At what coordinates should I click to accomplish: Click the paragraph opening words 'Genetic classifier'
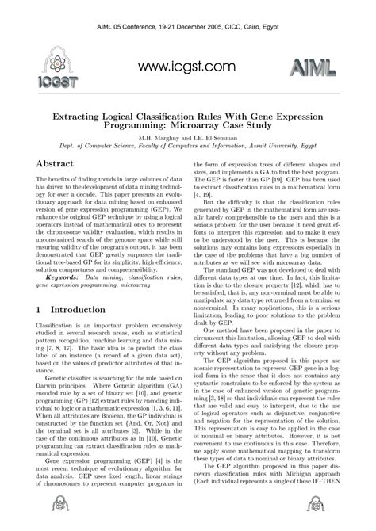(69, 403)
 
